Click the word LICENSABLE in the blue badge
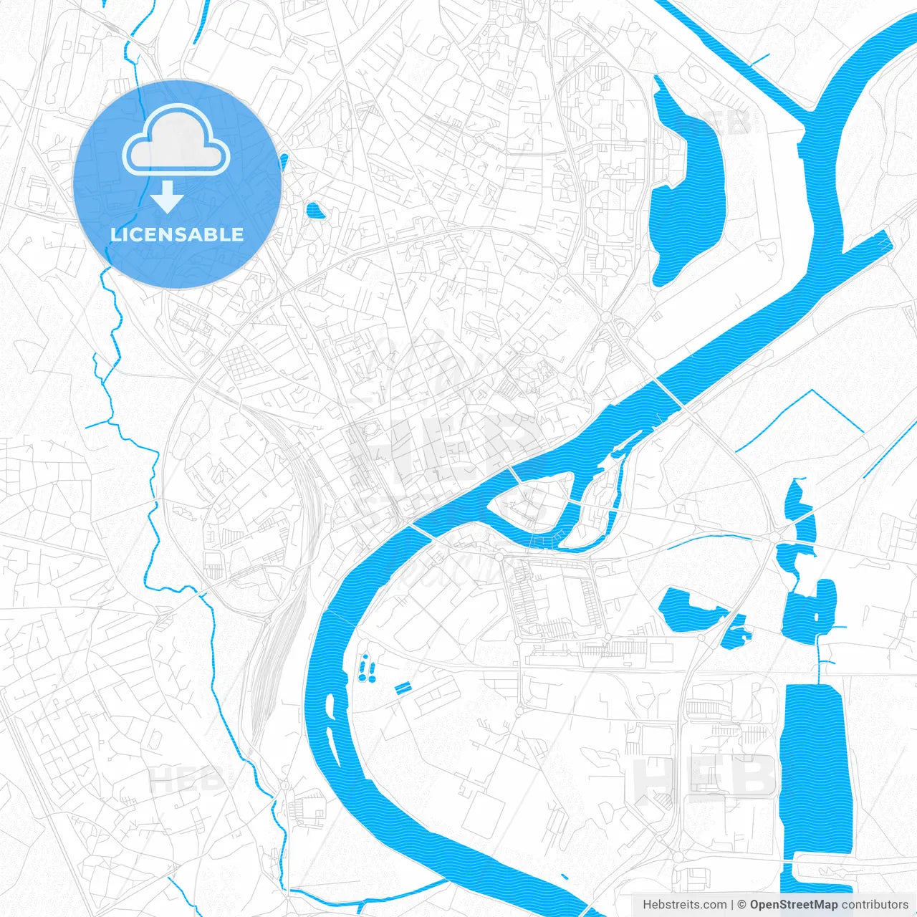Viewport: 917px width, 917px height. coord(177,234)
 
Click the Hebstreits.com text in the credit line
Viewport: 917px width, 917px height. coord(684,905)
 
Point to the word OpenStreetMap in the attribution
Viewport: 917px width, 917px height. coord(794,905)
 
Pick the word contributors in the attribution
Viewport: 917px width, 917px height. coord(875,905)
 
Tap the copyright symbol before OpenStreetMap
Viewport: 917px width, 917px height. coord(742,905)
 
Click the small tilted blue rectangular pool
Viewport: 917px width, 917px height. coord(403,688)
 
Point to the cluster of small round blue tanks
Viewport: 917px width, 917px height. coord(368,668)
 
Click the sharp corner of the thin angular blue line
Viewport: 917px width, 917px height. coord(812,391)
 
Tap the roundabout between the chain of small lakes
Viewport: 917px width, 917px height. coord(776,536)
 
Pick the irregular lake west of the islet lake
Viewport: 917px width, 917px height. coord(689,610)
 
